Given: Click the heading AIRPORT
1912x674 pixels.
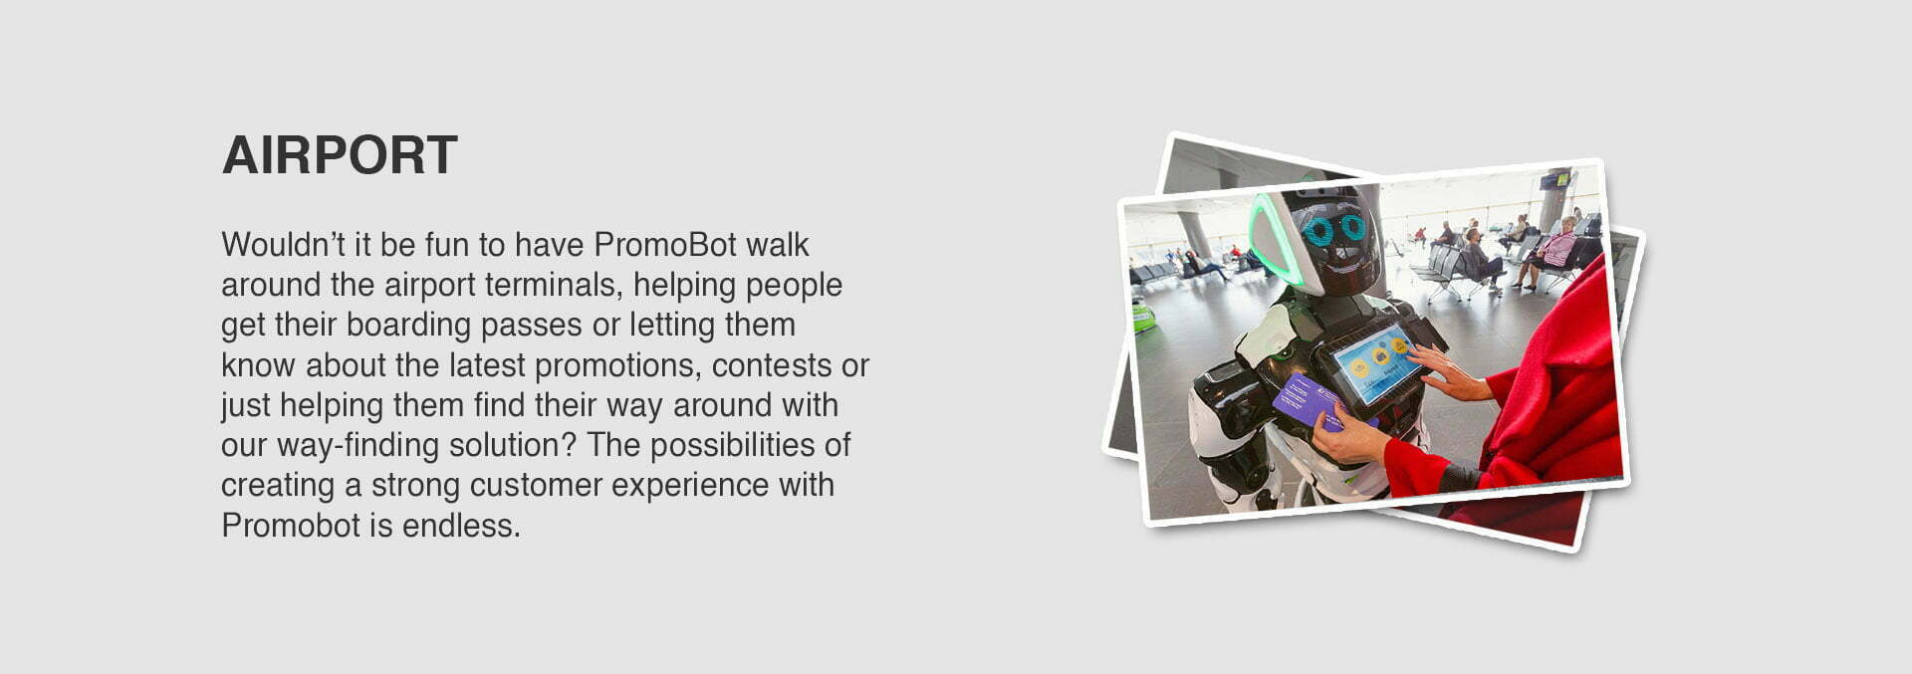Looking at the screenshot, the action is (x=340, y=155).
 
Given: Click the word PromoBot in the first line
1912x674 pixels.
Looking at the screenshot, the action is (x=665, y=245).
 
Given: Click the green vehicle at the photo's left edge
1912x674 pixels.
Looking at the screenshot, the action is (x=1142, y=317).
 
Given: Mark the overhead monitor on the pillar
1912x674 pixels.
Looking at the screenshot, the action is (x=1554, y=180).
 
